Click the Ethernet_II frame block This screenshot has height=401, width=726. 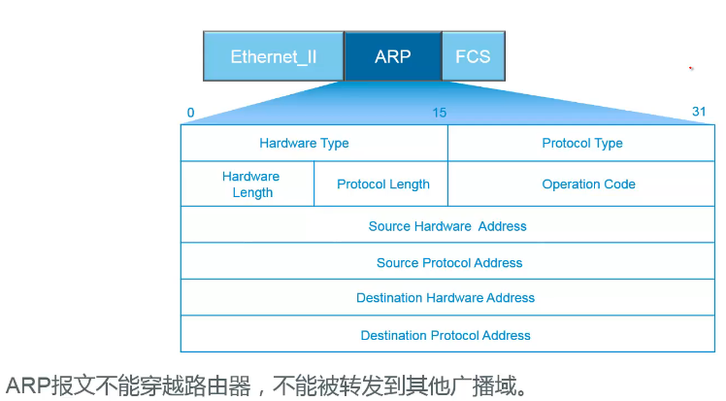[273, 56]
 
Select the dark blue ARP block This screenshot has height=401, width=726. [393, 56]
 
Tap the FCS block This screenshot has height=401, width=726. [473, 56]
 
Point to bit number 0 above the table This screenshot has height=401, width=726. [190, 113]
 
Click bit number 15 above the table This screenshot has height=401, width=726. [440, 113]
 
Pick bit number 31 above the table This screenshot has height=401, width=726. [699, 113]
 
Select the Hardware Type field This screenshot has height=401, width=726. [304, 144]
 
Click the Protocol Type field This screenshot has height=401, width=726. [582, 144]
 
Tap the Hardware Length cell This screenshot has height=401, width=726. [251, 184]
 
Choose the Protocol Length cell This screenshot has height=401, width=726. [383, 184]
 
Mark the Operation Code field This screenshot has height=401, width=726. [588, 184]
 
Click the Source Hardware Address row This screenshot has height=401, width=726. [447, 226]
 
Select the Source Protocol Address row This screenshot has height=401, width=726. [449, 263]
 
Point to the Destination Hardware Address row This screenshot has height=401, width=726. [445, 298]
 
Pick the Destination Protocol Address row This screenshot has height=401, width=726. [445, 335]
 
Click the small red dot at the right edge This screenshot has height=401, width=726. [691, 69]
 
